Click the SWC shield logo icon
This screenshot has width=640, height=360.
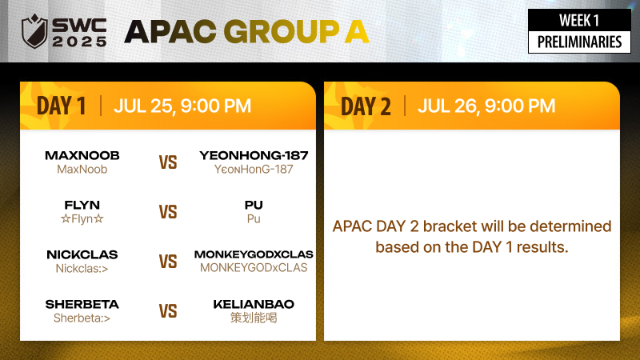tap(34, 31)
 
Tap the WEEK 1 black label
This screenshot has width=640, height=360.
tap(579, 21)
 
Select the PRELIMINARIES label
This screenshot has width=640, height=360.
tap(579, 42)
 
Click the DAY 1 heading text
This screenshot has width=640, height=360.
tap(62, 106)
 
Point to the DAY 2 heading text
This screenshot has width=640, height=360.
tap(366, 106)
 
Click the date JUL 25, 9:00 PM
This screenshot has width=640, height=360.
tap(182, 106)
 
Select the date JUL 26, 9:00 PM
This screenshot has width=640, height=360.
tap(486, 106)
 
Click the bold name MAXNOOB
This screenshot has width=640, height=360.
tap(82, 155)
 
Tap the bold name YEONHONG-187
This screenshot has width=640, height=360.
tap(254, 155)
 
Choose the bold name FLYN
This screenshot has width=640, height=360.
tap(82, 205)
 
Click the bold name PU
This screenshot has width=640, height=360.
tap(254, 205)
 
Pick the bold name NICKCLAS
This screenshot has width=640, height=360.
tap(82, 254)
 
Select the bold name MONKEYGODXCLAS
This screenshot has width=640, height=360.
tap(254, 254)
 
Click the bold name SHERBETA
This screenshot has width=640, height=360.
tap(82, 304)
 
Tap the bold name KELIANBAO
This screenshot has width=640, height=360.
tap(254, 304)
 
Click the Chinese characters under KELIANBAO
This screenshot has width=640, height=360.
tap(254, 318)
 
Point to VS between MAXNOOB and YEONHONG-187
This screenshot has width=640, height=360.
tap(168, 162)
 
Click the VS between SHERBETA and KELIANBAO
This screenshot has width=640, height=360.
tap(168, 311)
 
